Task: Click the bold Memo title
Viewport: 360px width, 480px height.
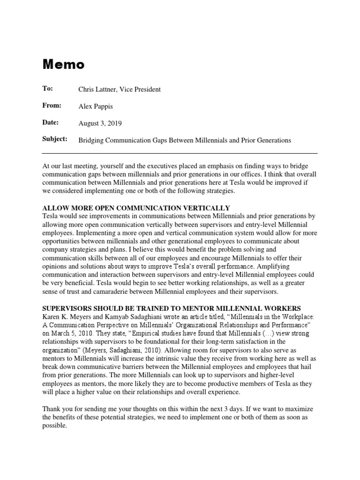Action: (64, 64)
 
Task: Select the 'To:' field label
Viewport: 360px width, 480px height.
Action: (48, 89)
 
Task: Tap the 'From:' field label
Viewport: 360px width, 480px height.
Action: (52, 105)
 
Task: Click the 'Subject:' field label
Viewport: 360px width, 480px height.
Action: (55, 139)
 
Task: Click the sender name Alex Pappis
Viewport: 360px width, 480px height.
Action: (96, 106)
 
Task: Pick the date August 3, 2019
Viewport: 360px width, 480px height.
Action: (100, 123)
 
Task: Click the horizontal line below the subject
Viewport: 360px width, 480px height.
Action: (180, 153)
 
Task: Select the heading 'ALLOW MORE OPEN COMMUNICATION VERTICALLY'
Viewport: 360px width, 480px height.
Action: (136, 208)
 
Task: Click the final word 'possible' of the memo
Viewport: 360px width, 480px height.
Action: (54, 427)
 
